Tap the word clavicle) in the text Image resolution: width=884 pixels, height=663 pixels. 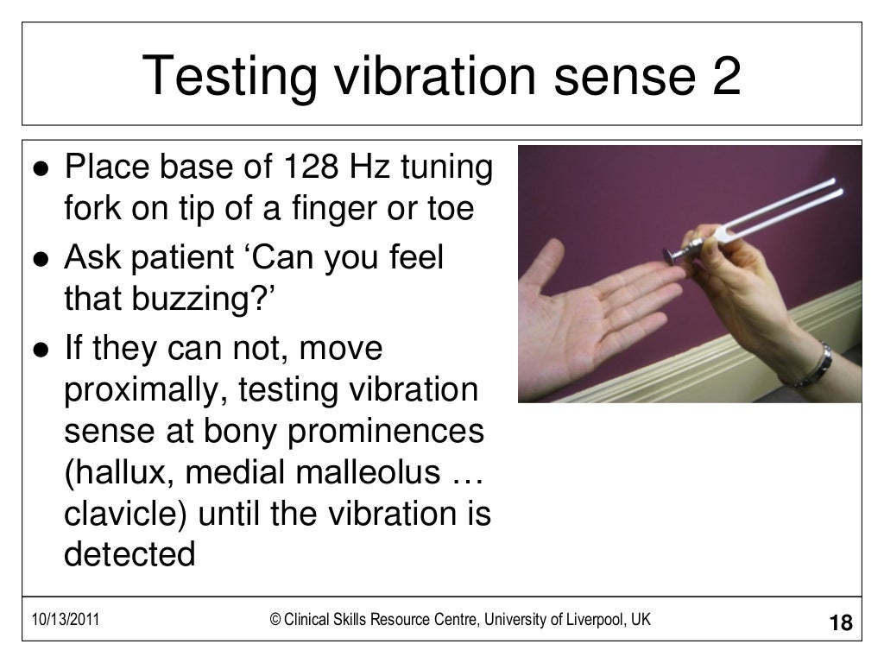(x=125, y=514)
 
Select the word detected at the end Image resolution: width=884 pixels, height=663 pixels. (x=129, y=554)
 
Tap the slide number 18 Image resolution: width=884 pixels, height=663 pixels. (x=839, y=622)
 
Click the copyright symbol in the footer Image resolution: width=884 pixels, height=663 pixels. (x=275, y=619)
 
